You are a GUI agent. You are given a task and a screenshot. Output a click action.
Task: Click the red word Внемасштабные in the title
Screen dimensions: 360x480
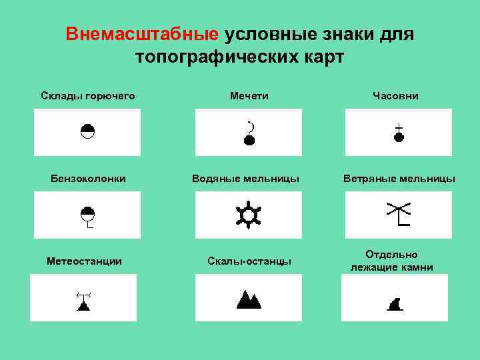(x=142, y=34)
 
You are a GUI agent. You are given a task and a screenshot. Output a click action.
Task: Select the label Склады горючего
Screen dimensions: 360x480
(x=87, y=96)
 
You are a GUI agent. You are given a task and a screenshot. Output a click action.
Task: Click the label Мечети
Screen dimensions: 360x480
(x=249, y=96)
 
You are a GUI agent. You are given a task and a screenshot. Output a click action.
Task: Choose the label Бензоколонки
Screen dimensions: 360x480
(x=89, y=179)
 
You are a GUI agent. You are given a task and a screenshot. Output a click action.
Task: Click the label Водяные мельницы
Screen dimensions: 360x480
(x=245, y=179)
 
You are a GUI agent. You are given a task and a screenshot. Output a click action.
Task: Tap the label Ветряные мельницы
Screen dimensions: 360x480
(x=399, y=179)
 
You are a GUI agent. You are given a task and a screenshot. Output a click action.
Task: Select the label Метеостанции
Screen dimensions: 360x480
(x=84, y=261)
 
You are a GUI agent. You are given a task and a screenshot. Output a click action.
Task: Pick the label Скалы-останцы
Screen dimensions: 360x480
(x=249, y=261)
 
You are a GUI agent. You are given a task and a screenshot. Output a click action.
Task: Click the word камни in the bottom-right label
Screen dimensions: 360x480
(x=415, y=267)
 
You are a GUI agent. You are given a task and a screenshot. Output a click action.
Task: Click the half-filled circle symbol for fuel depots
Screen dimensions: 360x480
(x=87, y=131)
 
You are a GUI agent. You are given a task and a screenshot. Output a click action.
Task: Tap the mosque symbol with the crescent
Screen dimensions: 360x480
(x=249, y=134)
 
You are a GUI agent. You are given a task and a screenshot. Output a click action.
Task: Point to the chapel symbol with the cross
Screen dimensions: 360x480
(x=399, y=133)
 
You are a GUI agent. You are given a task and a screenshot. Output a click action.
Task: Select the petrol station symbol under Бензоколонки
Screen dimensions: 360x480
(x=87, y=216)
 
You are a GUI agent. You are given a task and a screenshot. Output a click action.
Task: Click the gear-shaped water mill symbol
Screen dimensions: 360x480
(x=249, y=214)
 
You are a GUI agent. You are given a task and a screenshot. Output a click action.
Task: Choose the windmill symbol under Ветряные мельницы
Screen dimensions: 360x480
(x=399, y=214)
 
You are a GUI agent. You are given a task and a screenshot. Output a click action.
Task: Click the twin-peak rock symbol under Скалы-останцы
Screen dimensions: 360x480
(x=249, y=299)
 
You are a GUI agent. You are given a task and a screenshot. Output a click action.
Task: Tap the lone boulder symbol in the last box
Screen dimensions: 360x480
(x=395, y=305)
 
